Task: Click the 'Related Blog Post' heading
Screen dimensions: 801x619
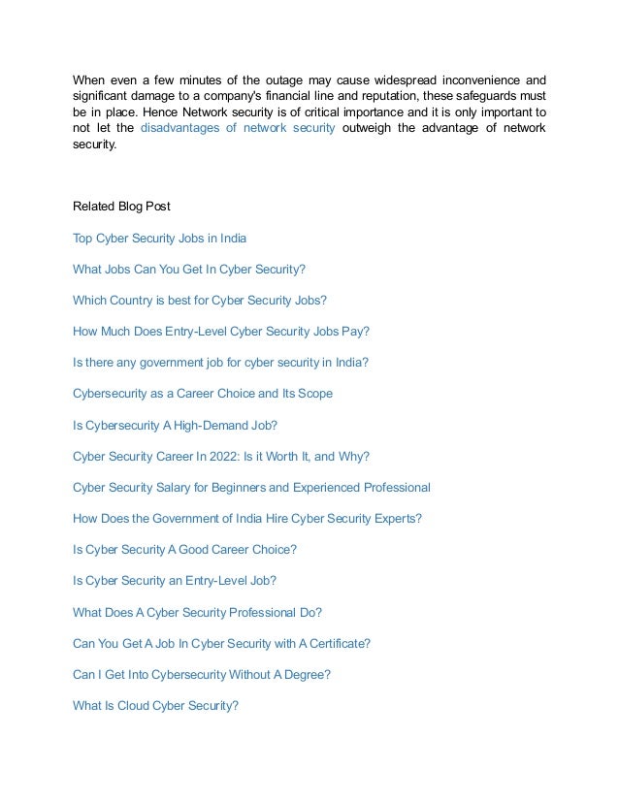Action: (121, 206)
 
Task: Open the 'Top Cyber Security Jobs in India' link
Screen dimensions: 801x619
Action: (159, 238)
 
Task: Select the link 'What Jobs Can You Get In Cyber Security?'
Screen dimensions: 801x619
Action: (188, 269)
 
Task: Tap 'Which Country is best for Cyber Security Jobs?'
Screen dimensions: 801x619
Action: (199, 300)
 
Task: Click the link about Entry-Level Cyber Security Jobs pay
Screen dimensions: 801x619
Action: (220, 331)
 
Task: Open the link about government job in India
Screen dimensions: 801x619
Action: (220, 362)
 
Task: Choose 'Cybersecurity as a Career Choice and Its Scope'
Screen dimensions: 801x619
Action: (202, 393)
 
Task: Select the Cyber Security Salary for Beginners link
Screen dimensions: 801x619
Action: (251, 487)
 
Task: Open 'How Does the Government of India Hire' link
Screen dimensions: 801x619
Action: (246, 518)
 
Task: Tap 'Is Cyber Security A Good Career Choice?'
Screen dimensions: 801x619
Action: (184, 549)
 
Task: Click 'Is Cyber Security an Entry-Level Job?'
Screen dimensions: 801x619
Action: (174, 580)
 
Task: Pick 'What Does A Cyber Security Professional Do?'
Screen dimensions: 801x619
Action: (197, 612)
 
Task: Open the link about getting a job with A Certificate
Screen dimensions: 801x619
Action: (221, 643)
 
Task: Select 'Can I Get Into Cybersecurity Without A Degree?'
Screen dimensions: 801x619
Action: (201, 674)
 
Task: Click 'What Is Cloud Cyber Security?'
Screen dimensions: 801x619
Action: (155, 705)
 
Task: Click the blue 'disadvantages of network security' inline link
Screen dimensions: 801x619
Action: (238, 127)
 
